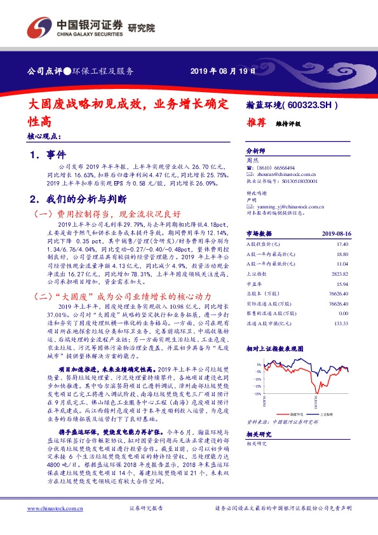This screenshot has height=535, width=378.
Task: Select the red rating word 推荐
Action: (x=255, y=125)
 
